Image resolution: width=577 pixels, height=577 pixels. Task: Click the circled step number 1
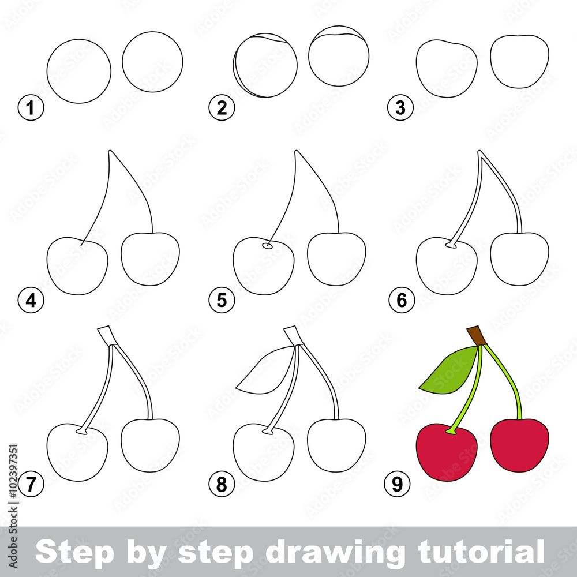[31, 108]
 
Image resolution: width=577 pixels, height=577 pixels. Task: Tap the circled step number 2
[221, 108]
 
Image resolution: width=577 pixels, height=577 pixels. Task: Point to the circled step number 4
[31, 300]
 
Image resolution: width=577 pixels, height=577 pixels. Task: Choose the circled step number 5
[221, 300]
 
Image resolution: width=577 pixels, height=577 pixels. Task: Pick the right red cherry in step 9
[519, 444]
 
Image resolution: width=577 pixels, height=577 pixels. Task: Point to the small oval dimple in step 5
[267, 246]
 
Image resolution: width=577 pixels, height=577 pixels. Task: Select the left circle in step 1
[78, 71]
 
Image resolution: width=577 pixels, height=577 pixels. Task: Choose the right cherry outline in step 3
[519, 61]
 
